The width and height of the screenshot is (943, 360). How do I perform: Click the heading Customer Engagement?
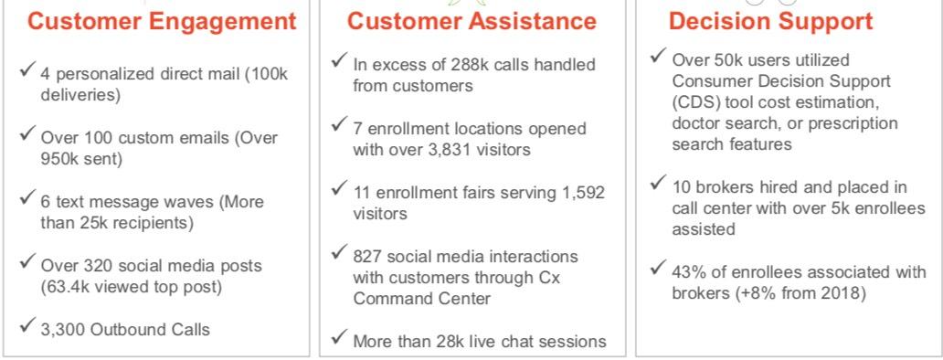[162, 22]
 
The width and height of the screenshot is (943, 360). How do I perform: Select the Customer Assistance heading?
[472, 21]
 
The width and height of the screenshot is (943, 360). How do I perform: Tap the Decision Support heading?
[771, 22]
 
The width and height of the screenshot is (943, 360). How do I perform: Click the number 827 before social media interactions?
[366, 257]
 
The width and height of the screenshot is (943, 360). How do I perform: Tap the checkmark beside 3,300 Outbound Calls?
[27, 325]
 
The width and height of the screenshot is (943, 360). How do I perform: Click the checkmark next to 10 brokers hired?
[659, 182]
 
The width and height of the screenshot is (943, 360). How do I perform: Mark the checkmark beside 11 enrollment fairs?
[339, 189]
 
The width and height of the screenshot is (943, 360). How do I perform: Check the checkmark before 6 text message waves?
[27, 197]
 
